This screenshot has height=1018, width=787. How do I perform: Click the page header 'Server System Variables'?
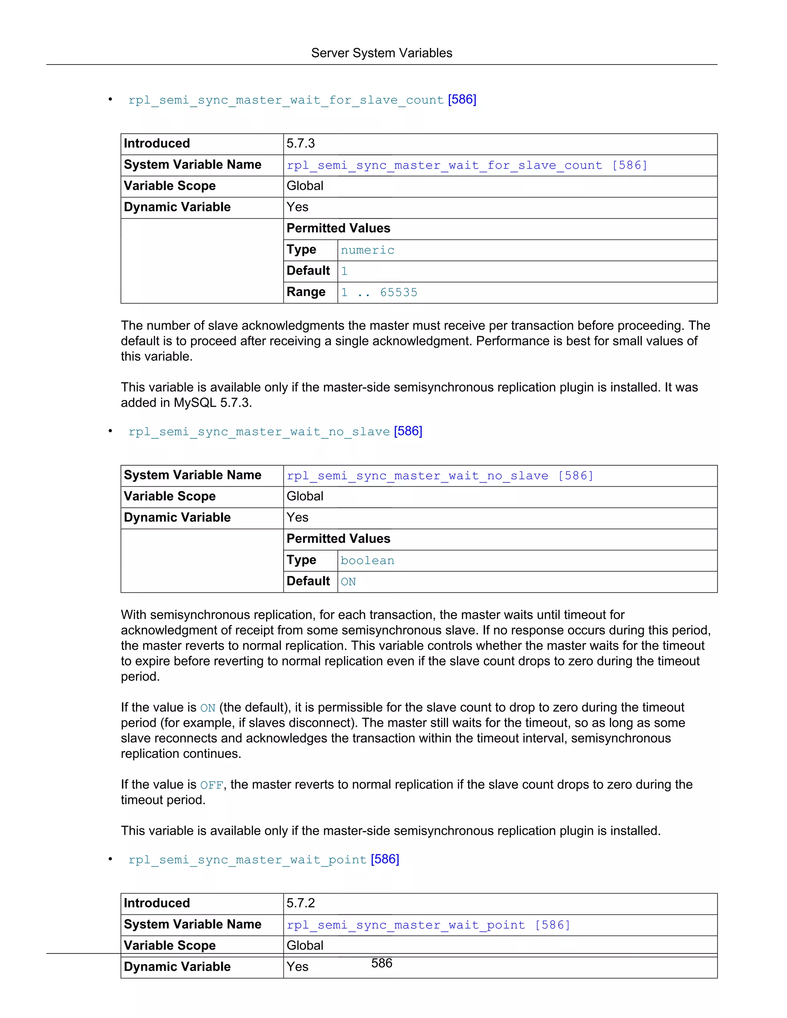381,53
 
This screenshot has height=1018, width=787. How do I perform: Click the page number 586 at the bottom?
381,963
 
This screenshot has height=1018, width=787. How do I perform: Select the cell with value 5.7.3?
301,144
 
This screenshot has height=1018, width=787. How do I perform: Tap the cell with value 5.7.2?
301,904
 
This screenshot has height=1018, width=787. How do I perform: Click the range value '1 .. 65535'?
379,293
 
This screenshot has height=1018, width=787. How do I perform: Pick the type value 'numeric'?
367,250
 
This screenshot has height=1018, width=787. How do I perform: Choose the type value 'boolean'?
367,561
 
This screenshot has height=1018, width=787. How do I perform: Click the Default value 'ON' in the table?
348,582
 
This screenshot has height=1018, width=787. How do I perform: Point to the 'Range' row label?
306,292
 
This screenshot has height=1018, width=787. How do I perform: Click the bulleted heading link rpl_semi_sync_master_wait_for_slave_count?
286,100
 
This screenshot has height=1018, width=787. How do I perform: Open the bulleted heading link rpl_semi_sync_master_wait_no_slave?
259,432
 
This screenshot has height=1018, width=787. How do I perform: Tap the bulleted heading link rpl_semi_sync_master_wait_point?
247,860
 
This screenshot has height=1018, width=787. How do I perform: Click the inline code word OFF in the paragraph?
212,786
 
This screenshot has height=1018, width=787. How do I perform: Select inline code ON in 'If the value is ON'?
208,708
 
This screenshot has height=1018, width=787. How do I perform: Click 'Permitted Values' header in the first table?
339,229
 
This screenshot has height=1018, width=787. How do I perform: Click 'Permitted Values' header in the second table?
339,539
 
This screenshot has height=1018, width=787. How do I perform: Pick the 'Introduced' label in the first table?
157,144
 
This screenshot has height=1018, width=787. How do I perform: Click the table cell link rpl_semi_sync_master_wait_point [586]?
428,925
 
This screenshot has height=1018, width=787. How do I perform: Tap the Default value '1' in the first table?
344,271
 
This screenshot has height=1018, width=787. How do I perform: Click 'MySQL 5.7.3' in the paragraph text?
212,403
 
